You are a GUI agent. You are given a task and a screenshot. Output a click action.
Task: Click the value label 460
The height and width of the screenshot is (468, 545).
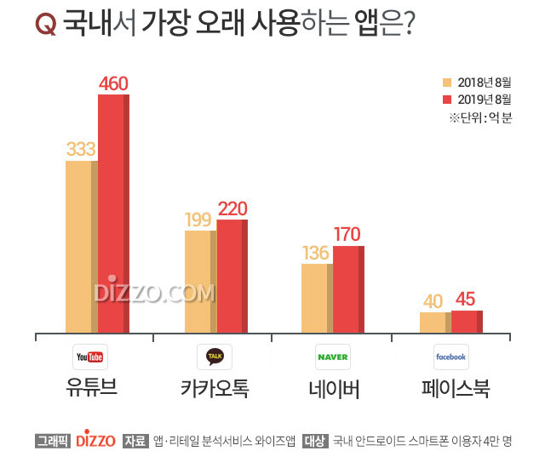(114, 83)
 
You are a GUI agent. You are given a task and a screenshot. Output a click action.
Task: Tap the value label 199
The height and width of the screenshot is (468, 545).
(199, 220)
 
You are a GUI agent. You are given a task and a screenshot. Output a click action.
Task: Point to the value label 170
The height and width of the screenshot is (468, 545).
(347, 234)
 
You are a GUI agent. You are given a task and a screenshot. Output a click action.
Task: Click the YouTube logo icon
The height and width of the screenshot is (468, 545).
(89, 357)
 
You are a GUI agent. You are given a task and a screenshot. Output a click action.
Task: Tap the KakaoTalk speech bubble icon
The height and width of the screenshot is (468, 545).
(214, 357)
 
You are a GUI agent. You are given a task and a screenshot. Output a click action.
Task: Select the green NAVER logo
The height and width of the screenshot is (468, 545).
(333, 357)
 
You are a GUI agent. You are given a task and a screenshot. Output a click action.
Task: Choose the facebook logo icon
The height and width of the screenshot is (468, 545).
(450, 357)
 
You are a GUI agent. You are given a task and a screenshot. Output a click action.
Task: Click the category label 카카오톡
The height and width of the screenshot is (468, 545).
(214, 389)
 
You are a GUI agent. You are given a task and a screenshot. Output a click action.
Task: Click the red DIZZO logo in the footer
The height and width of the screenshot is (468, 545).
(95, 441)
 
